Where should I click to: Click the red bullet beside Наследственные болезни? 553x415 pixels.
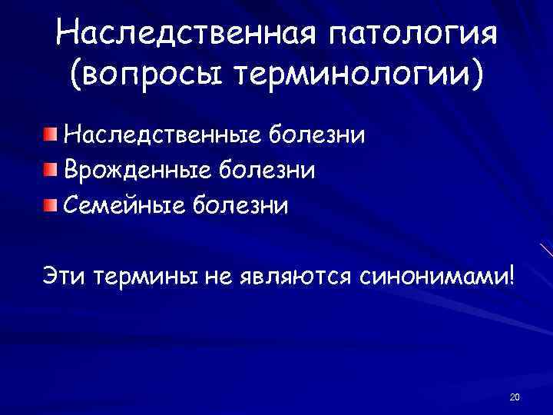(x=49, y=134)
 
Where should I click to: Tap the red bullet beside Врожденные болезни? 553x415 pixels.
(x=49, y=169)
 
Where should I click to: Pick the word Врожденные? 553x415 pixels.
(x=140, y=170)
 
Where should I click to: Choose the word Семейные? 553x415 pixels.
(x=124, y=205)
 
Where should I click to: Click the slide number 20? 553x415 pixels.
(x=515, y=397)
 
